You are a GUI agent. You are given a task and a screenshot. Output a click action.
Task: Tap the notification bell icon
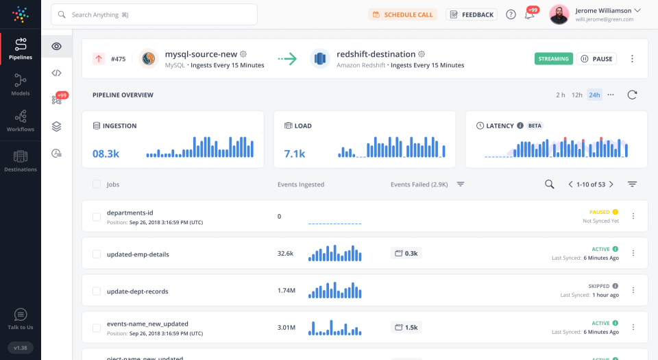529,15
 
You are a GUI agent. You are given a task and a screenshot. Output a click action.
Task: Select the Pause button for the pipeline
596,59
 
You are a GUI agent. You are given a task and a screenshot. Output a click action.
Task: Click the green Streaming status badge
553,59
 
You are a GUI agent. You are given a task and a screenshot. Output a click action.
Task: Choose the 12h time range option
577,95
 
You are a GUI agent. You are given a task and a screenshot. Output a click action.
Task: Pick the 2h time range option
561,95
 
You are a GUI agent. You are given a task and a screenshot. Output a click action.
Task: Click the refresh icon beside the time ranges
632,95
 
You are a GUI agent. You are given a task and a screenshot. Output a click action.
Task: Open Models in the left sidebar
21,85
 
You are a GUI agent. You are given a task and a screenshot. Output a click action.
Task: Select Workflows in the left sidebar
21,121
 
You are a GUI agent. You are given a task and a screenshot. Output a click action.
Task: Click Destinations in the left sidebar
21,161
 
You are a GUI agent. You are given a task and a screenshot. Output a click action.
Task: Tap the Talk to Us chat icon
21,315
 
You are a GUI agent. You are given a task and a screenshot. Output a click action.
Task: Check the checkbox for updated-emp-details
97,254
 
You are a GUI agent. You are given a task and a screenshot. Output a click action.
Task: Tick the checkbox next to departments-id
97,217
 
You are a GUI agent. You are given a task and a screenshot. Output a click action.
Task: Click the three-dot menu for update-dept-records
633,291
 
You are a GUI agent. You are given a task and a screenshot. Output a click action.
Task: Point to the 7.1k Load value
295,154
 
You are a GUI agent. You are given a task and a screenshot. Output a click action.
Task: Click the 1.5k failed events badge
406,327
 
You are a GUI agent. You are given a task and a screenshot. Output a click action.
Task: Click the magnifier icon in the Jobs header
549,184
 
